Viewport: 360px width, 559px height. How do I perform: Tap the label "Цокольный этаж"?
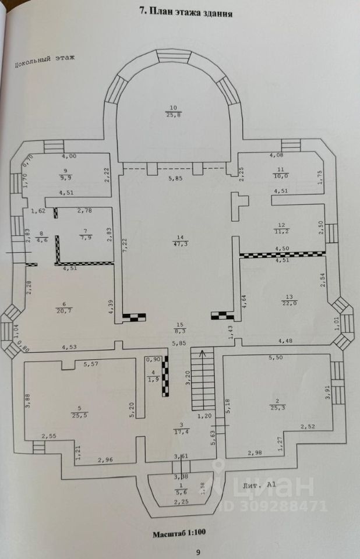coord(45,60)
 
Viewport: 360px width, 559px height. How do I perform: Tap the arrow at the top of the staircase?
coord(203,352)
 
